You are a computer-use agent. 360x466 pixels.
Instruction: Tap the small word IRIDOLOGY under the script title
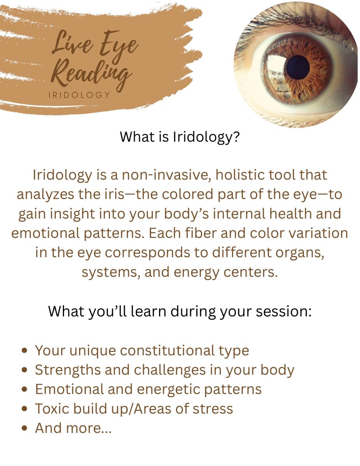[x=79, y=95]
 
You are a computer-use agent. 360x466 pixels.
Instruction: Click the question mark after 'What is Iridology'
[x=235, y=137]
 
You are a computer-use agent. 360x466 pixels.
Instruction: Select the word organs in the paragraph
[x=299, y=253]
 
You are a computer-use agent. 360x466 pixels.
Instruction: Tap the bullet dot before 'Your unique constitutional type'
[x=25, y=351]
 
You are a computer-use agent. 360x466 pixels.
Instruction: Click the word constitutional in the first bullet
[x=167, y=351]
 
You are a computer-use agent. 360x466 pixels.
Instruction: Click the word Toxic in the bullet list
[x=52, y=409]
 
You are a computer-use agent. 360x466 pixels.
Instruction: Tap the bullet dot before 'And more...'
[x=25, y=428]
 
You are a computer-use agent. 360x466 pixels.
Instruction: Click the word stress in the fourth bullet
[x=213, y=409]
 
